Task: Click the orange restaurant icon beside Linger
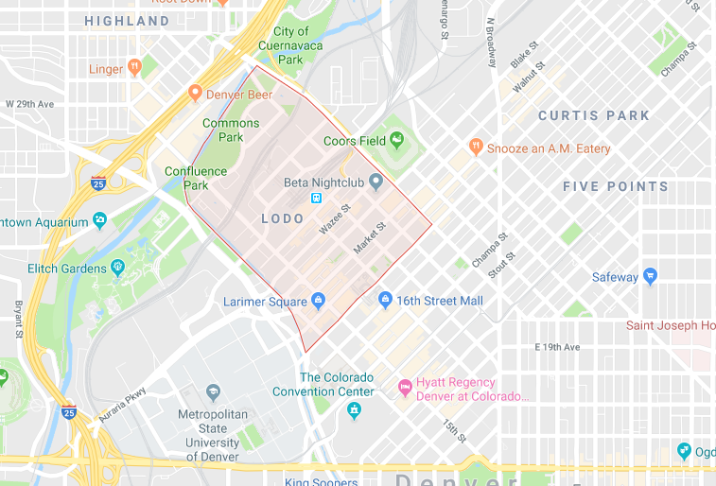[134, 67]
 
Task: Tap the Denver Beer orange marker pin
[195, 93]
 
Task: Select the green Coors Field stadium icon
[396, 141]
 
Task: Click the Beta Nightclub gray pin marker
[375, 181]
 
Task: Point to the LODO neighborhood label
[283, 218]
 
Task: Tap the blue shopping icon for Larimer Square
[318, 301]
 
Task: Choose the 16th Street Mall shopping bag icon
[385, 300]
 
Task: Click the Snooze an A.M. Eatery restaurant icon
[477, 148]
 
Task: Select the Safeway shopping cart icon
[650, 276]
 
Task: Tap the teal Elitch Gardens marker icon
[117, 268]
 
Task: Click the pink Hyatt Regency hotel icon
[405, 386]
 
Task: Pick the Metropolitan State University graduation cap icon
[213, 391]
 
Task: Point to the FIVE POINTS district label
[615, 186]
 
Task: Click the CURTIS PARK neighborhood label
[593, 115]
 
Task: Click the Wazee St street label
[334, 219]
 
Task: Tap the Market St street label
[370, 237]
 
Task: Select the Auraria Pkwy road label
[124, 404]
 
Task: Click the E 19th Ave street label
[557, 347]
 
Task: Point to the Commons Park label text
[231, 130]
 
